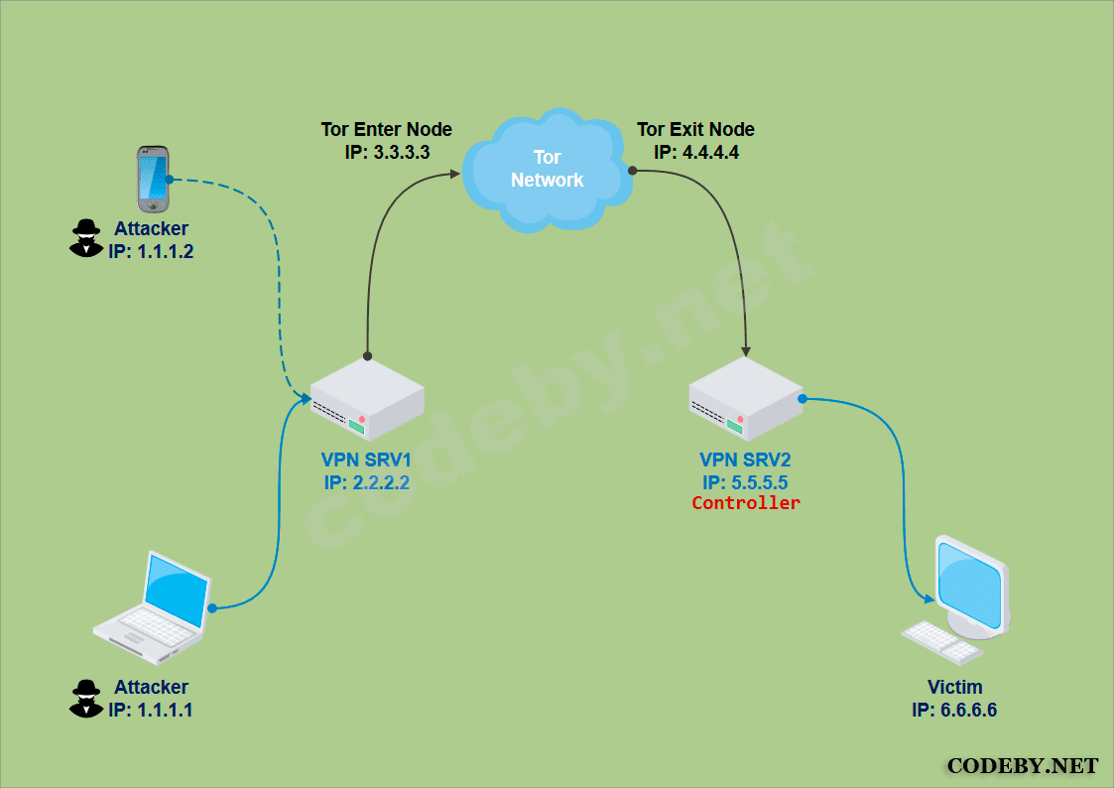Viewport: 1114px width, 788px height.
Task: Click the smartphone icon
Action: click(x=153, y=179)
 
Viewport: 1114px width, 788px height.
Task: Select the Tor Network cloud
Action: click(x=547, y=170)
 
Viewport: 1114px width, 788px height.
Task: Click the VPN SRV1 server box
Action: click(x=367, y=399)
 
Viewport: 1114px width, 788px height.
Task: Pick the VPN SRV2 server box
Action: click(x=746, y=399)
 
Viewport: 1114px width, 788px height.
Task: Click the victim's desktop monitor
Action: click(x=970, y=585)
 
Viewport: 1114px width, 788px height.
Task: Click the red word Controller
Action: click(x=746, y=503)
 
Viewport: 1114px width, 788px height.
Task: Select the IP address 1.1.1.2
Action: click(x=151, y=252)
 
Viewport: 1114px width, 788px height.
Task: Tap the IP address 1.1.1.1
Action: click(x=151, y=710)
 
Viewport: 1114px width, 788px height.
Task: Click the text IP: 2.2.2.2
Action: click(x=366, y=483)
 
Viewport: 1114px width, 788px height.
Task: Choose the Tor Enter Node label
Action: click(x=386, y=130)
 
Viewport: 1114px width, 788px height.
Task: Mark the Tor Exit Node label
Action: click(x=695, y=130)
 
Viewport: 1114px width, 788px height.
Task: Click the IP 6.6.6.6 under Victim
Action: click(x=954, y=711)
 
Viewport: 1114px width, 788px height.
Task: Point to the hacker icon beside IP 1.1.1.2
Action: click(x=86, y=238)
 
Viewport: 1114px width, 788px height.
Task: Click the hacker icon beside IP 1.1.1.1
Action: click(x=86, y=698)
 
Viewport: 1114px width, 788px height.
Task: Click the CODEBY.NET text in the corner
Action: click(x=1022, y=766)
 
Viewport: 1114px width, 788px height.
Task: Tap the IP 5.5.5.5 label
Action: click(x=745, y=482)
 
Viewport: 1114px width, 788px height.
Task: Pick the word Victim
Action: click(x=954, y=687)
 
